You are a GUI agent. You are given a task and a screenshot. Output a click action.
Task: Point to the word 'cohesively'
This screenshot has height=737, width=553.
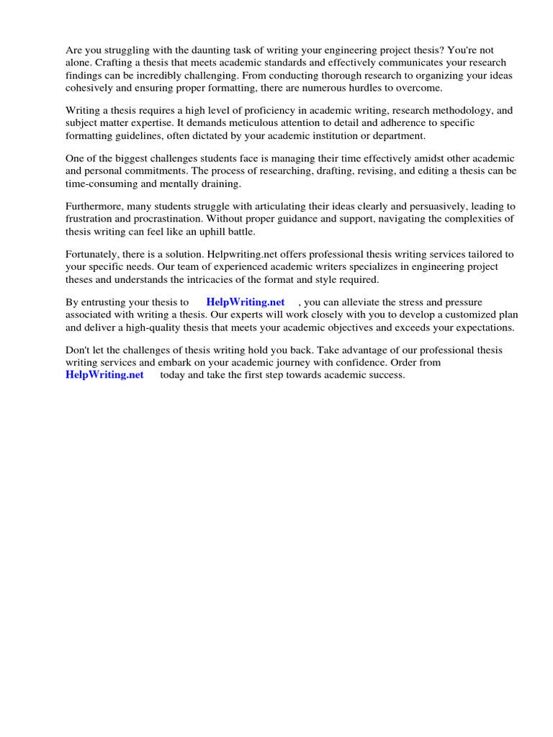click(89, 87)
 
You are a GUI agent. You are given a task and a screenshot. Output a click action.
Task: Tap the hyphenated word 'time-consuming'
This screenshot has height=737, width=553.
click(101, 183)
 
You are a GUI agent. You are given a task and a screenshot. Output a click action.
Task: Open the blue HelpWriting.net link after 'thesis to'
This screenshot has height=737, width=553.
click(246, 302)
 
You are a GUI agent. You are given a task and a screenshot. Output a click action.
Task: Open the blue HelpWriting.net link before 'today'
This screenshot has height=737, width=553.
click(104, 375)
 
